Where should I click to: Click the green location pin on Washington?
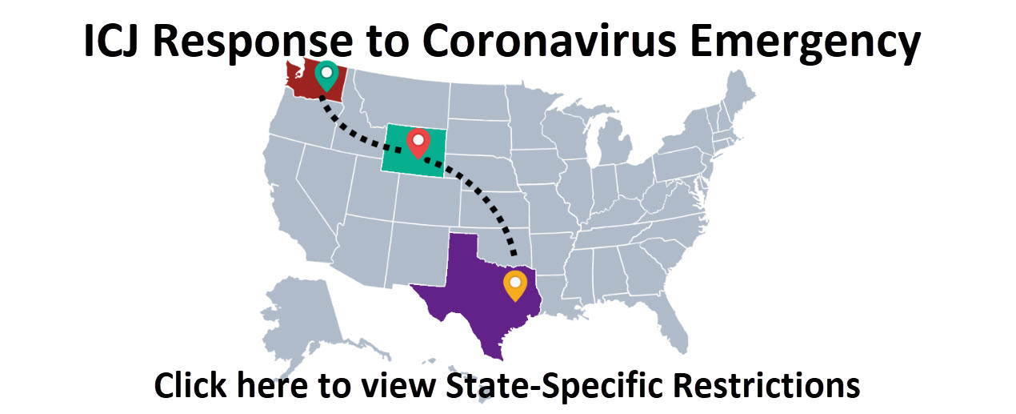[326, 74]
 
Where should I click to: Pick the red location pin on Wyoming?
[418, 141]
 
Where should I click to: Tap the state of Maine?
[740, 92]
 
